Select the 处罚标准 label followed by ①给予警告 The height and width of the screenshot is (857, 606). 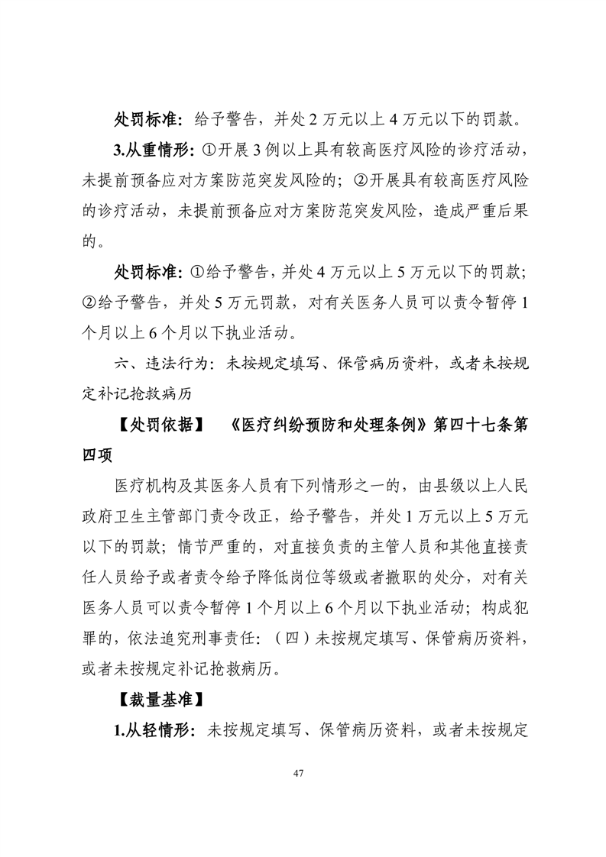coord(147,271)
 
